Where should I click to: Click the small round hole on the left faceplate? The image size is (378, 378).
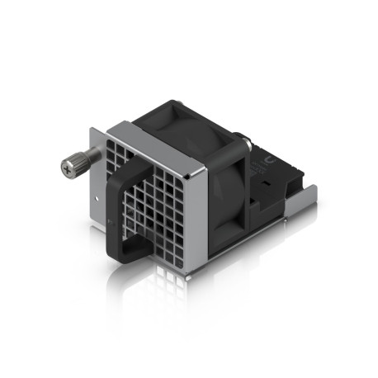pos(99,198)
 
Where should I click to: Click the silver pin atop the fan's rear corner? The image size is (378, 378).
pos(241,135)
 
